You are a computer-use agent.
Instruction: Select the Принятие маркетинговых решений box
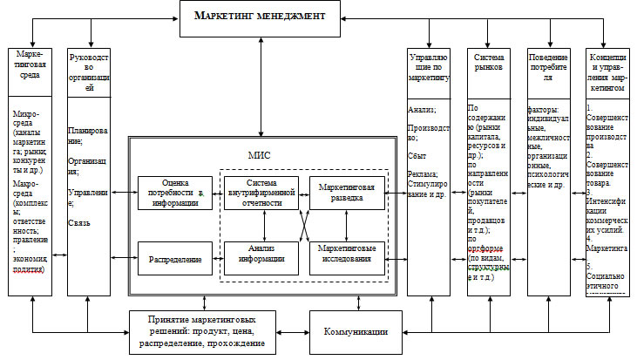pyautogui.click(x=204, y=332)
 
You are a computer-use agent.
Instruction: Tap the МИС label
pyautogui.click(x=260, y=154)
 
